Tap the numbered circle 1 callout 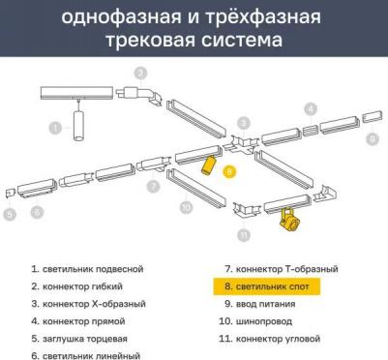pos(54,126)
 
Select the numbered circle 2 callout pos(140,73)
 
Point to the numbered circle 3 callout pos(245,123)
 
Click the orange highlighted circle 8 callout pos(229,170)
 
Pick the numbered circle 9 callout pos(372,139)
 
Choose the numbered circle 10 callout pos(186,206)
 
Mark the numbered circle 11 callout pos(244,234)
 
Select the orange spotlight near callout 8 pos(207,163)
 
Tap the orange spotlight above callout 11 pos(286,219)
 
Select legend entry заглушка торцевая pos(85,338)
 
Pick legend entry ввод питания pos(256,303)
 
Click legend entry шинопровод pos(260,320)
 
